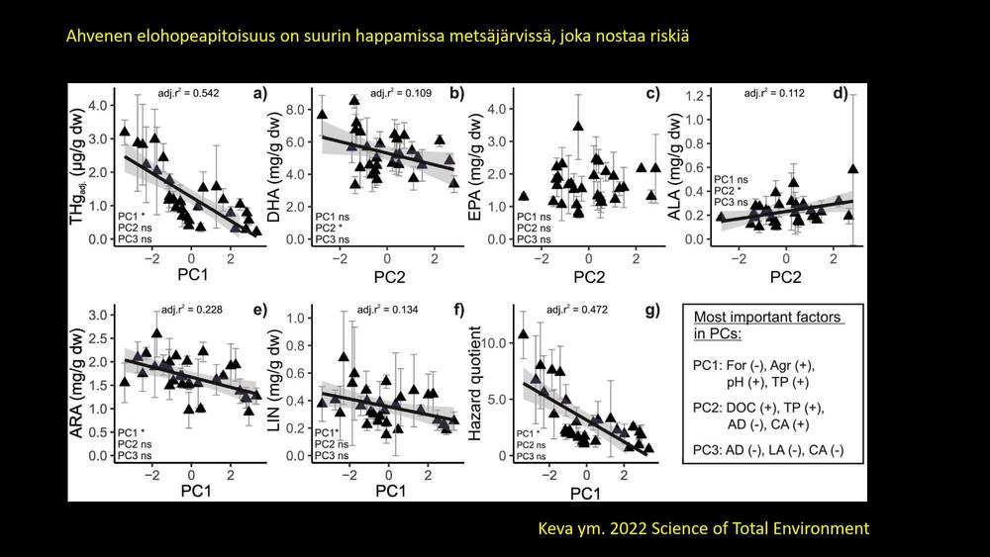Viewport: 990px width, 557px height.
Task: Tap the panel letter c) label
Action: (652, 95)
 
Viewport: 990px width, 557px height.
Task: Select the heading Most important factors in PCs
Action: (767, 325)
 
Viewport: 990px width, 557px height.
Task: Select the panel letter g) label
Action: (652, 310)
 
